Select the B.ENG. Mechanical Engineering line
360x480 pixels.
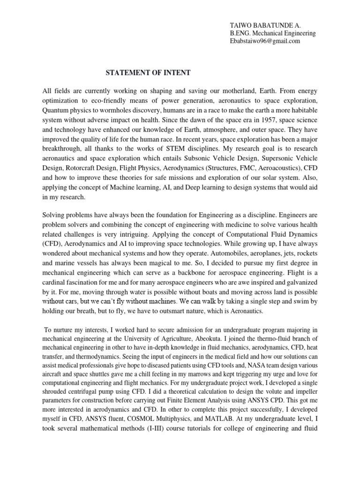coord(272,33)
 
